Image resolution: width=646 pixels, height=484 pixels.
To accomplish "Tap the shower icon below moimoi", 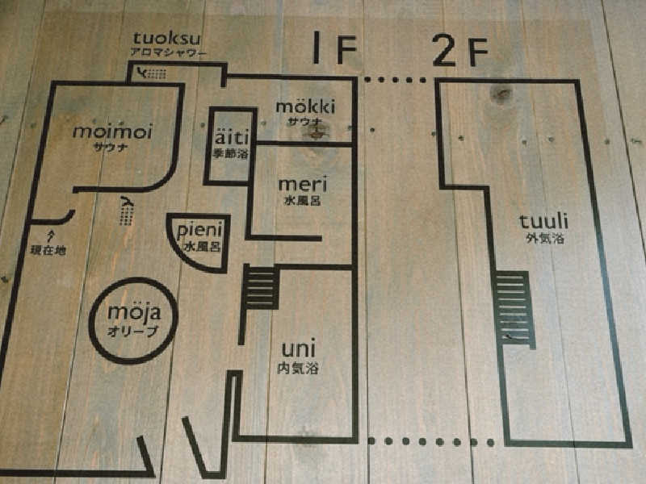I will point(125,211).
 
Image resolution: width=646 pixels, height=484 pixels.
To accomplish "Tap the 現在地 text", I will point(48,251).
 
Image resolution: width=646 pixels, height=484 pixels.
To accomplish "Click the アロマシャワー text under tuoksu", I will point(168,53).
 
